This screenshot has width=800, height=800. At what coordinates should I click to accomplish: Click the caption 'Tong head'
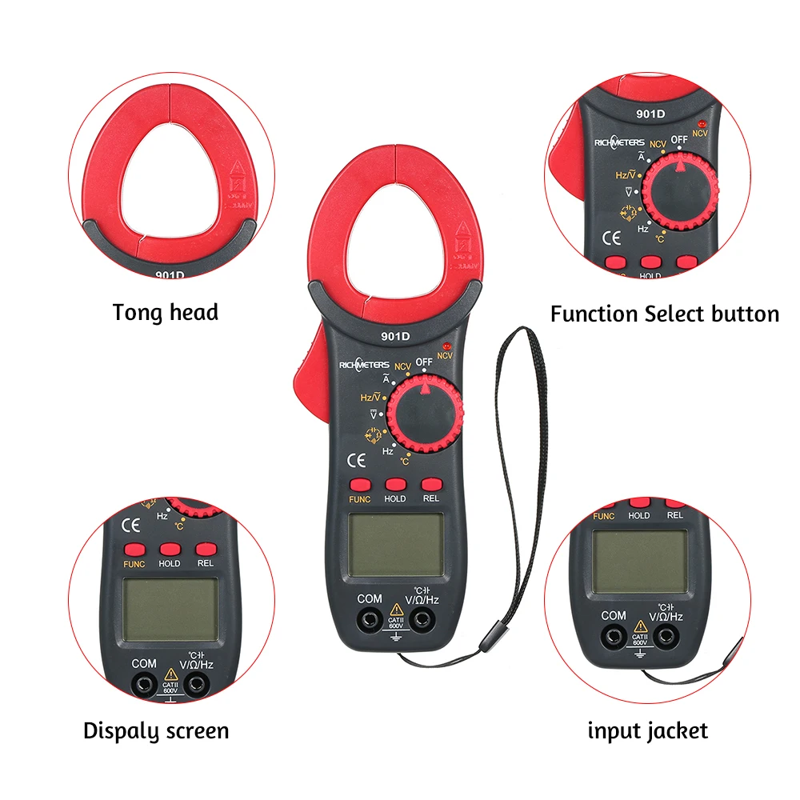[166, 312]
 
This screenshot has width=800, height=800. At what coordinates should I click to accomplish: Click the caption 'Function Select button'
[664, 314]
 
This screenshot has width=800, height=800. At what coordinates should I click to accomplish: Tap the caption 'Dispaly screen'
[156, 730]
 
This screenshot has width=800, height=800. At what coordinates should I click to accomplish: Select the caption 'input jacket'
[647, 730]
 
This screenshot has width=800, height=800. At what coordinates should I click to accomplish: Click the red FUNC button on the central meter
[360, 484]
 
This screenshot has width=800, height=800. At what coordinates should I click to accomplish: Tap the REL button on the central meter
[431, 484]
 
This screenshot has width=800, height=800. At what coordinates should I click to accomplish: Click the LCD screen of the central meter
[395, 545]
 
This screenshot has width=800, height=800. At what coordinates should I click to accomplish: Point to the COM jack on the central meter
[369, 618]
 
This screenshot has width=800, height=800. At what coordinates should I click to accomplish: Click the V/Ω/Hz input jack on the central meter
[422, 618]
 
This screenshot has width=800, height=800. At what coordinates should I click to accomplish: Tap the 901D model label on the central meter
[396, 336]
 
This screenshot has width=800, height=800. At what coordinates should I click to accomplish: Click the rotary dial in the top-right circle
[681, 191]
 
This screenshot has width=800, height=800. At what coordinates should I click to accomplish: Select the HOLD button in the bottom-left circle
[169, 550]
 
